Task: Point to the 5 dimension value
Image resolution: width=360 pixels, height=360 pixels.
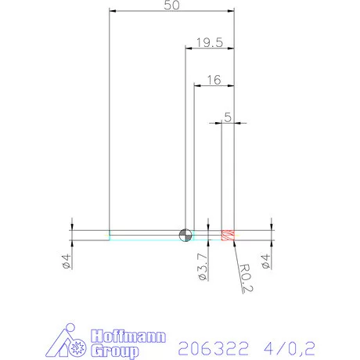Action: tap(228, 117)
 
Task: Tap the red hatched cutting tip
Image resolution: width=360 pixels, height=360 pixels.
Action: tap(229, 235)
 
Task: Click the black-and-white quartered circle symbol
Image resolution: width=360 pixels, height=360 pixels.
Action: tap(185, 236)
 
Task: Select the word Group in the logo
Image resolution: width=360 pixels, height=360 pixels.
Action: tap(114, 351)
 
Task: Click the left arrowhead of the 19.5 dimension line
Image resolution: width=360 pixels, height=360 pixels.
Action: tap(188, 49)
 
